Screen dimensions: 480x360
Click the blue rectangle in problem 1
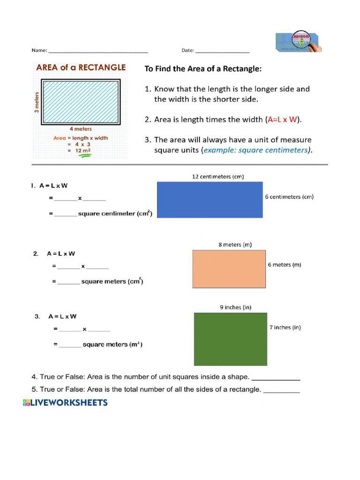coord(210,200)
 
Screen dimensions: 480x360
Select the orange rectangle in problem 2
coord(229,269)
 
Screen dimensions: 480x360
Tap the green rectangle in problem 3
coord(230,339)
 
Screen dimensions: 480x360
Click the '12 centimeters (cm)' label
coord(218,177)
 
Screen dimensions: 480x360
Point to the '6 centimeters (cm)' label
coord(289,197)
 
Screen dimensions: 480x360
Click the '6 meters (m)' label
coord(285,265)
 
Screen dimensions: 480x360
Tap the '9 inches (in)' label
coord(236,307)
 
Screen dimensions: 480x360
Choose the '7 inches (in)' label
coord(285,328)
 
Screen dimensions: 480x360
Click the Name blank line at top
coord(98,52)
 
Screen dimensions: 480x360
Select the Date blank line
coord(222,52)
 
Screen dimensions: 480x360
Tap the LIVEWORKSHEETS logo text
coord(65,403)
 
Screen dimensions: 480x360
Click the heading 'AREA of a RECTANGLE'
coord(81,67)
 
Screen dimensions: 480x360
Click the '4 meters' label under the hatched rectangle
coord(81,129)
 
